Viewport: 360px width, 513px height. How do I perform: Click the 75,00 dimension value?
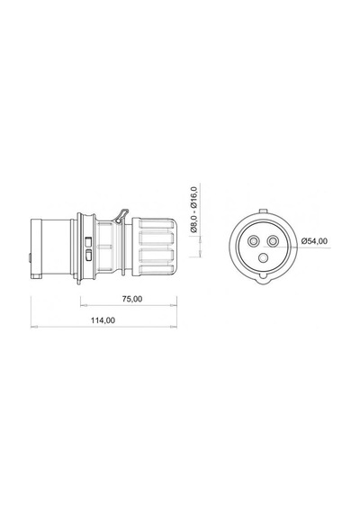pos(132,299)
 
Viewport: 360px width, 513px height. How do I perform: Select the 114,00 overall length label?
pos(103,320)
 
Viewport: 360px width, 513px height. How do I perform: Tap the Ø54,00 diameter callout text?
pos(314,241)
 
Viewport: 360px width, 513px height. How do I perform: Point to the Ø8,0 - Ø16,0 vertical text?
pos(193,210)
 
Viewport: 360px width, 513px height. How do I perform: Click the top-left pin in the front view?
pos(253,242)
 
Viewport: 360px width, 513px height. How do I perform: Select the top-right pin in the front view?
pos(273,242)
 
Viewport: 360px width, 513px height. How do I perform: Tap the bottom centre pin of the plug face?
pos(263,258)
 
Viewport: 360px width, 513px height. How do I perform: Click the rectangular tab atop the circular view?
pos(263,211)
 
